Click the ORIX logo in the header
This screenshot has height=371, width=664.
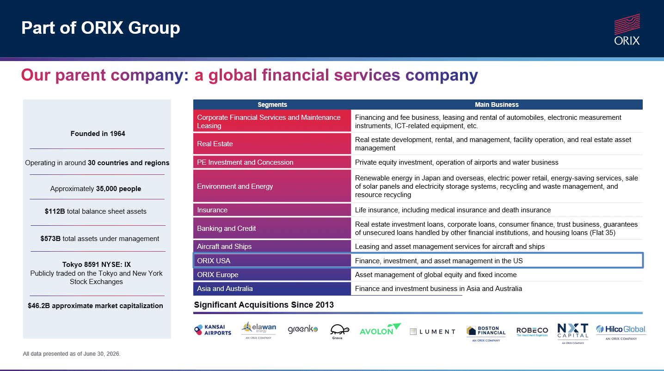(x=627, y=30)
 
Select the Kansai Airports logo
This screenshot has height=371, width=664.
(x=213, y=330)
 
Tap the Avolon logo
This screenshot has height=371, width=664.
(x=380, y=329)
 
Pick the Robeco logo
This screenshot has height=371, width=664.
(x=532, y=332)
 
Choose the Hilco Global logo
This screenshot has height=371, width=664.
(x=621, y=332)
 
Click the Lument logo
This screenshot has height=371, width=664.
(x=432, y=332)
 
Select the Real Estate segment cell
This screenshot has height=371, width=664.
(x=272, y=144)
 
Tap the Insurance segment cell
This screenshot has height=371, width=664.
(x=272, y=210)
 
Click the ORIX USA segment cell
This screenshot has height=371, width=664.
(x=272, y=261)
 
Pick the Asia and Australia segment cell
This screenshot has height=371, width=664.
(x=272, y=289)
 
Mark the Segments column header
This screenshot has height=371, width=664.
(x=272, y=105)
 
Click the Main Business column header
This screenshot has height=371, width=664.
(x=497, y=105)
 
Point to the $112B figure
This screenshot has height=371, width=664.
(x=55, y=211)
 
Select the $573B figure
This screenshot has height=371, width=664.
(x=50, y=239)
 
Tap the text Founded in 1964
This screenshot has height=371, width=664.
(x=98, y=134)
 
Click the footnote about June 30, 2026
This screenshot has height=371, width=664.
(x=72, y=354)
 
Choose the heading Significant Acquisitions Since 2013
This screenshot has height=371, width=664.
(x=264, y=305)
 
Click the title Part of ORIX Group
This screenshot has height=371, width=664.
(x=101, y=28)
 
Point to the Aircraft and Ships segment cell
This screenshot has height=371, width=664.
(x=272, y=247)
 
